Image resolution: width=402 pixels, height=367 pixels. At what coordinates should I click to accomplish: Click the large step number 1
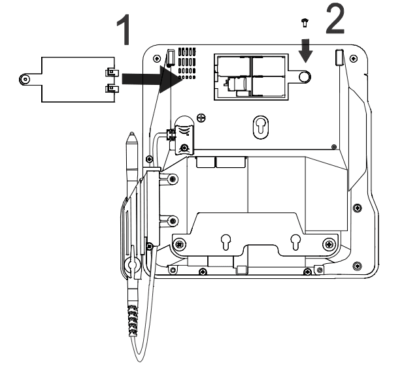[x=124, y=29]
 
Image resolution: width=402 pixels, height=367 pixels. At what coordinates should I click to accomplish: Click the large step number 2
[x=335, y=20]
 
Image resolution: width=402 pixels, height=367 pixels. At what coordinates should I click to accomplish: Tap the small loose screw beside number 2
[x=305, y=23]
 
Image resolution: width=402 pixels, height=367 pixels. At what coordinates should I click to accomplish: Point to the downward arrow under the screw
[x=305, y=51]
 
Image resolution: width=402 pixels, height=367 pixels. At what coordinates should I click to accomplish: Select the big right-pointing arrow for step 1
[x=152, y=79]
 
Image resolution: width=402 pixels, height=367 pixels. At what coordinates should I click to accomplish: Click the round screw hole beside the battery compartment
[x=305, y=76]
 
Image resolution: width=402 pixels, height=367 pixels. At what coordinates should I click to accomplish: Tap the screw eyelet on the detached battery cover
[x=25, y=80]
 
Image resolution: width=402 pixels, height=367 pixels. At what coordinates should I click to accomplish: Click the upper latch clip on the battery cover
[x=112, y=72]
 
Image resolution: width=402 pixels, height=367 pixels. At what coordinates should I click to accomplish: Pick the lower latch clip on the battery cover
[x=112, y=89]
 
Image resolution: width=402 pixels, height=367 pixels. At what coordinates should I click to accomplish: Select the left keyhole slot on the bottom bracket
[x=226, y=242]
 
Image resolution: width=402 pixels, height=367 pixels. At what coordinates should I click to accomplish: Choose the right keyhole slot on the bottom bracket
[x=295, y=242]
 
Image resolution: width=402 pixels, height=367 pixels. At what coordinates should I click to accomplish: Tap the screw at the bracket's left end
[x=180, y=244]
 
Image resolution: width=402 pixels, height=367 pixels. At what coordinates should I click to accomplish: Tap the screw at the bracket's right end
[x=329, y=244]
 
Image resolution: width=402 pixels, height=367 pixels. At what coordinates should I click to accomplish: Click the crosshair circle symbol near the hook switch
[x=201, y=118]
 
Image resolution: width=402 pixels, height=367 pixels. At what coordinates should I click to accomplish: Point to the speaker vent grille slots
[x=187, y=63]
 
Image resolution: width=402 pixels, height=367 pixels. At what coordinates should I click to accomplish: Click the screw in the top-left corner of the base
[x=156, y=58]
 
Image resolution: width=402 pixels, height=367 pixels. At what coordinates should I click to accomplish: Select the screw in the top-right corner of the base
[x=354, y=58]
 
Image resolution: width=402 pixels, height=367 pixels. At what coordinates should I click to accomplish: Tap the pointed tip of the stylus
[x=131, y=133]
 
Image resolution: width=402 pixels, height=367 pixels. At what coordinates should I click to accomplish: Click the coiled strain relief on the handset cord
[x=133, y=320]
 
